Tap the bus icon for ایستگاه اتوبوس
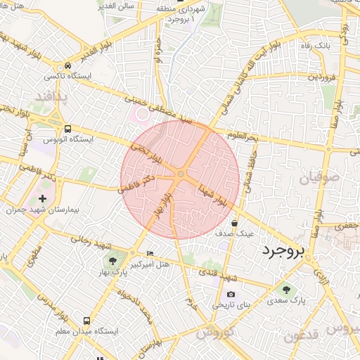pyautogui.click(x=67, y=129)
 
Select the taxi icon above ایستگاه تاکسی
pyautogui.click(x=67, y=63)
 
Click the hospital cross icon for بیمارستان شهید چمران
pyautogui.click(x=44, y=200)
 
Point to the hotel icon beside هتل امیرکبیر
pyautogui.click(x=149, y=253)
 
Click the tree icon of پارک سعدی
pyautogui.click(x=285, y=288)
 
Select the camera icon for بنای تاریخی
pyautogui.click(x=231, y=295)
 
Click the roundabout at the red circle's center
pyautogui.click(x=181, y=174)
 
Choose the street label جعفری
pyautogui.click(x=346, y=226)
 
